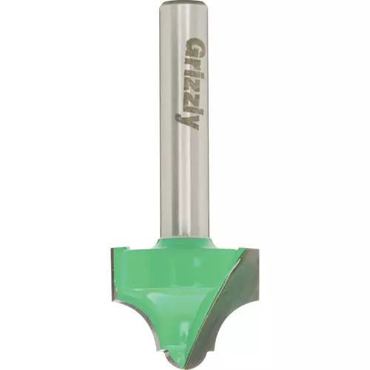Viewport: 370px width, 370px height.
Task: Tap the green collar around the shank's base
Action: [184, 243]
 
